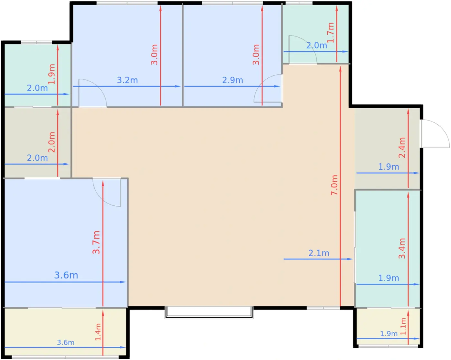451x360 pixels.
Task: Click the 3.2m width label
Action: pos(127,80)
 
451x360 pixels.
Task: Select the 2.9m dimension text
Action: pos(232,80)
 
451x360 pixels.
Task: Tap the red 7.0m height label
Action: pos(334,185)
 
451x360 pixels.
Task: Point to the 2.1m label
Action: pos(319,253)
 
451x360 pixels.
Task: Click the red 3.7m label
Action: pos(96,242)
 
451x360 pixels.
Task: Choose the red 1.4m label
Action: pos(98,332)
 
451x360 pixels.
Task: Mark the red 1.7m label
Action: pos(331,33)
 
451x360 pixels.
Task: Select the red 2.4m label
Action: pos(402,148)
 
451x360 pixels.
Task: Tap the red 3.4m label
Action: pos(402,248)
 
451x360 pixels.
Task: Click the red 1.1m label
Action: pos(403,326)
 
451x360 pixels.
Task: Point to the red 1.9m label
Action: pos(51,74)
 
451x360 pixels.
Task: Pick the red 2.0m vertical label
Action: pos(51,142)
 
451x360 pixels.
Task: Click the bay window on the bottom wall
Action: pos(209,313)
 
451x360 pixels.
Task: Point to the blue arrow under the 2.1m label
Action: pos(318,259)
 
